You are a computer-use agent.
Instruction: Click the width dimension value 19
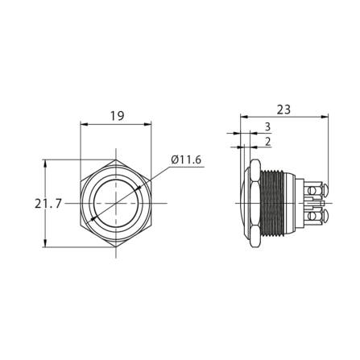(117, 116)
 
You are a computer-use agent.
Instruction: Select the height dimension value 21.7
(48, 204)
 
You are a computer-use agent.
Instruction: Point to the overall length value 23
(283, 109)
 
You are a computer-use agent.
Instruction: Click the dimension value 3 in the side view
(267, 127)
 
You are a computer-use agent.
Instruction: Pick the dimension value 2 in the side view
(267, 142)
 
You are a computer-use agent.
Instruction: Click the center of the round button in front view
(117, 203)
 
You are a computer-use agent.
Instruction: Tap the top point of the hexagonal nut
(117, 159)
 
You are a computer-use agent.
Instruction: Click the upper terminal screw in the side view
(320, 190)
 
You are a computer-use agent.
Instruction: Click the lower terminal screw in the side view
(320, 217)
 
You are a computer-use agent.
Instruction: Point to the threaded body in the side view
(279, 203)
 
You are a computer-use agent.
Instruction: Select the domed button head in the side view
(243, 203)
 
